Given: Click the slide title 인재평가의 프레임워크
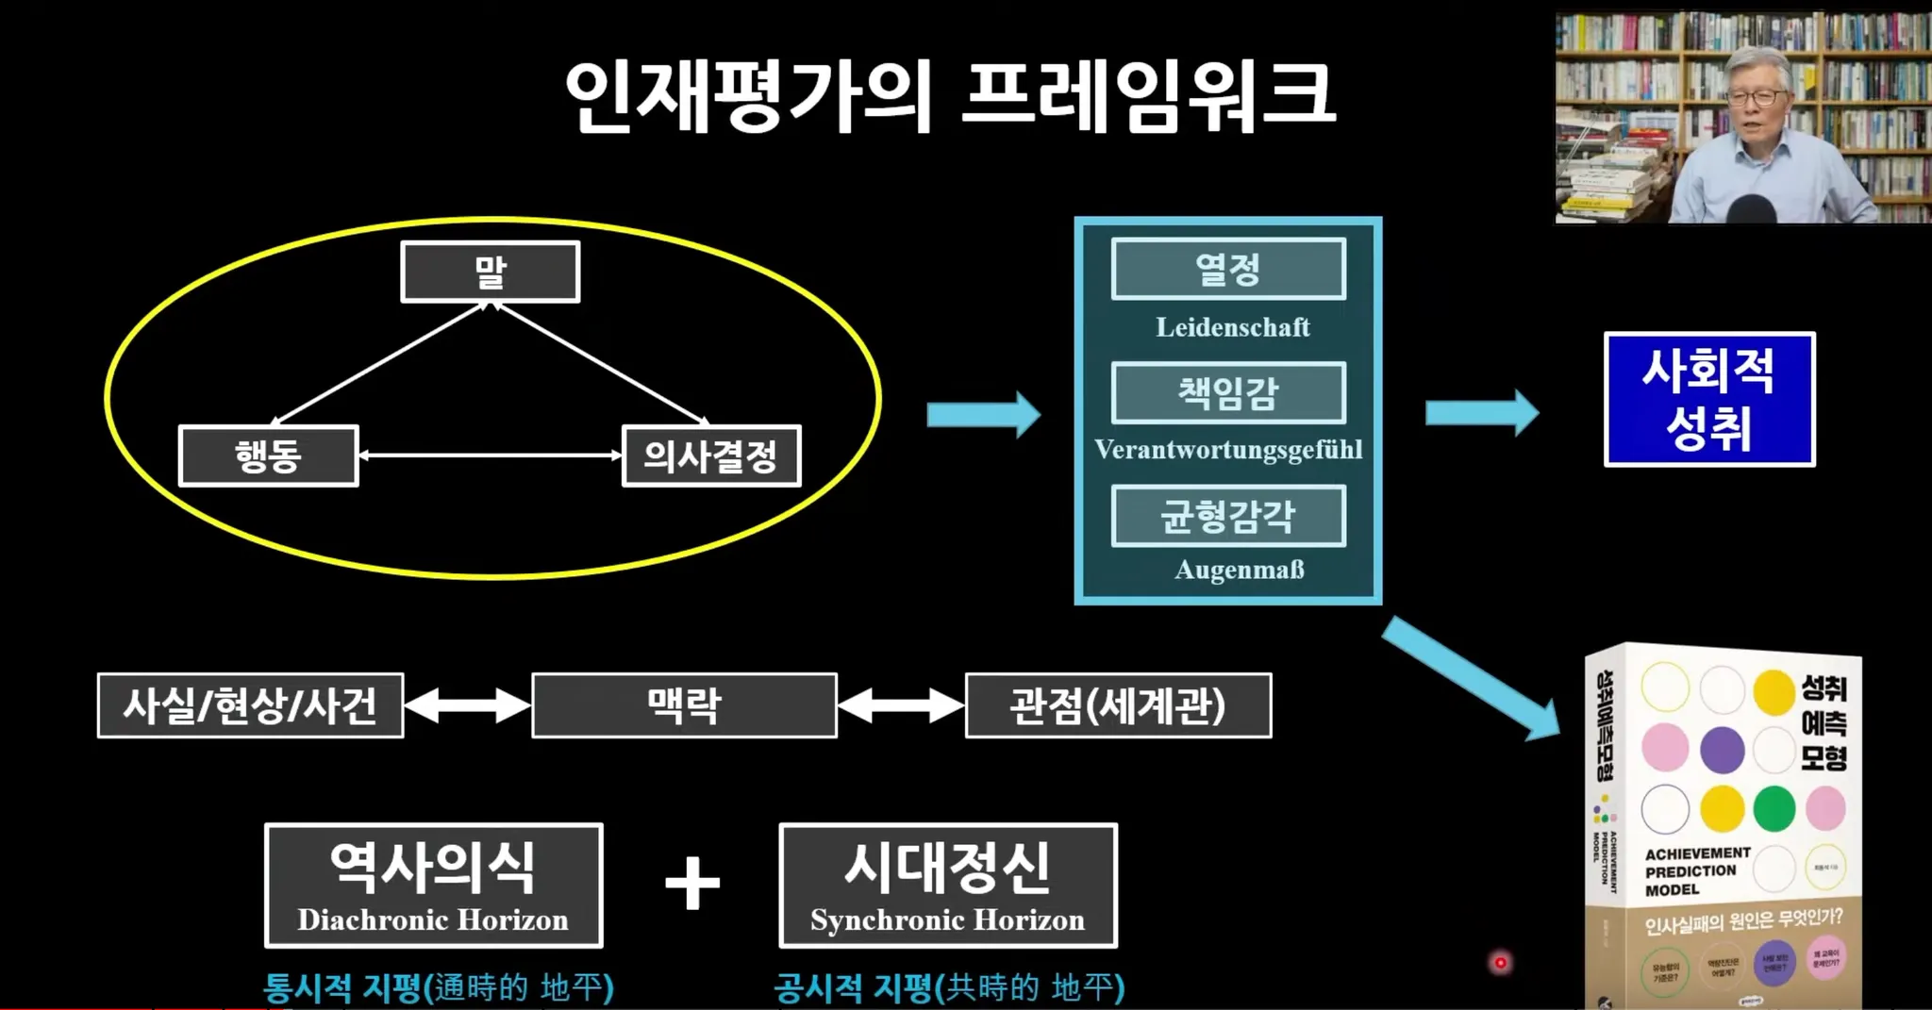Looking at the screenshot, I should tap(949, 95).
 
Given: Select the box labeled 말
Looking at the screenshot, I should tap(491, 272).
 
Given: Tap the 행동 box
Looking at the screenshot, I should tap(269, 456).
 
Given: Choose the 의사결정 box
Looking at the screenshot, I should tap(711, 456).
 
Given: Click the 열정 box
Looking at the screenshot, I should tap(1228, 270).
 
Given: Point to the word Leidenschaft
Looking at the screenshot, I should tap(1232, 327).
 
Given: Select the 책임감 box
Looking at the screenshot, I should tap(1228, 392).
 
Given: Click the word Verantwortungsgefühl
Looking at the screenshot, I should tap(1228, 449).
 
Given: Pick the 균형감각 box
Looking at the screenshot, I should tap(1228, 516).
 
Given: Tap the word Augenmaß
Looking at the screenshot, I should tap(1239, 570).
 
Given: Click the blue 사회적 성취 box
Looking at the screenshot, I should tap(1709, 399).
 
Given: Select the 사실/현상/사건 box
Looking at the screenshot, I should tap(251, 705).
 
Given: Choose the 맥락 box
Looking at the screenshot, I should tap(684, 705).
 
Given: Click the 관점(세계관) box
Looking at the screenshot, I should tap(1118, 705).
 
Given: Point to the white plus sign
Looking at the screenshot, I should tap(692, 884).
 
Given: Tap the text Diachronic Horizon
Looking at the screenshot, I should tap(433, 919).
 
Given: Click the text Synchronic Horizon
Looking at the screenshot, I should tap(947, 919).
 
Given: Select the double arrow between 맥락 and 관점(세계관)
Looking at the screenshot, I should tap(901, 705).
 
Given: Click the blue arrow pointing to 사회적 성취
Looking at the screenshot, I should tap(1481, 413).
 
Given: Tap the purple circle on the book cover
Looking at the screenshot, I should tap(1722, 750).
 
